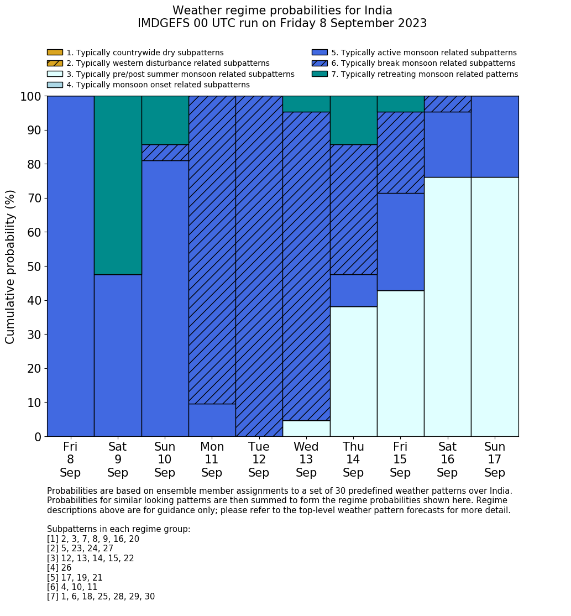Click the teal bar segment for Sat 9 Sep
point(118,185)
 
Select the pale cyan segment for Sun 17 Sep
point(495,306)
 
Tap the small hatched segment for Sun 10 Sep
point(165,153)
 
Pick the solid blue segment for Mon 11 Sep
point(212,420)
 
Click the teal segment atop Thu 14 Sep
point(353,120)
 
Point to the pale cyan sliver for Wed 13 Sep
point(306,429)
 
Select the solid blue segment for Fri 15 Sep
point(400,242)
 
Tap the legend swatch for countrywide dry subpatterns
point(55,53)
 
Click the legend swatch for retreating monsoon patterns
point(319,74)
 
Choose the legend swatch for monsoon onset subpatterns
point(55,85)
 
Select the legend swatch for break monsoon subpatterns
point(319,64)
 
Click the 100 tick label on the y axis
point(31,96)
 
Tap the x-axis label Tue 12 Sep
point(259,460)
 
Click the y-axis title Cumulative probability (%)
point(11,267)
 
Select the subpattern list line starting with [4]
point(59,568)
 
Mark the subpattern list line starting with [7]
point(101,597)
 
